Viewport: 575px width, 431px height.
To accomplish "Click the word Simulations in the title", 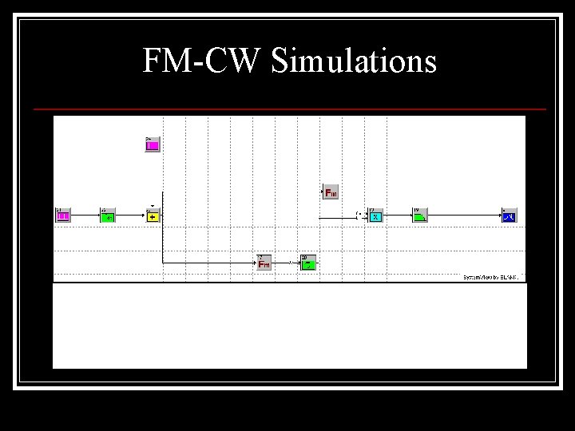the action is (354, 61).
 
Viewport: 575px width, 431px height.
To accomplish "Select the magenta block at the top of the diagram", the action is (153, 144).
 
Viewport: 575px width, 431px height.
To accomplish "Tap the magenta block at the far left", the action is (63, 215).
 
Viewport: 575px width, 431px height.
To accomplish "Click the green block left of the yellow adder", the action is (108, 215).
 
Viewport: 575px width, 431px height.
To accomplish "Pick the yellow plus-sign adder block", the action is (153, 215).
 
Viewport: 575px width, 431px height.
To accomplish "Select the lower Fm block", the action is (264, 263).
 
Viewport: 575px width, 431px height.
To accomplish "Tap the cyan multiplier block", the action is (376, 215).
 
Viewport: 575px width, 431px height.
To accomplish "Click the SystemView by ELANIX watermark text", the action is (491, 277).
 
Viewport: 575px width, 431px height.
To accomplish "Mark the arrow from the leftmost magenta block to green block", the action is (85, 215).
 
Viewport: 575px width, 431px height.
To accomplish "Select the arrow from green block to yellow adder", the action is (130, 215).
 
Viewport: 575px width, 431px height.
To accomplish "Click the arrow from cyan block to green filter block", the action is (399, 215).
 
